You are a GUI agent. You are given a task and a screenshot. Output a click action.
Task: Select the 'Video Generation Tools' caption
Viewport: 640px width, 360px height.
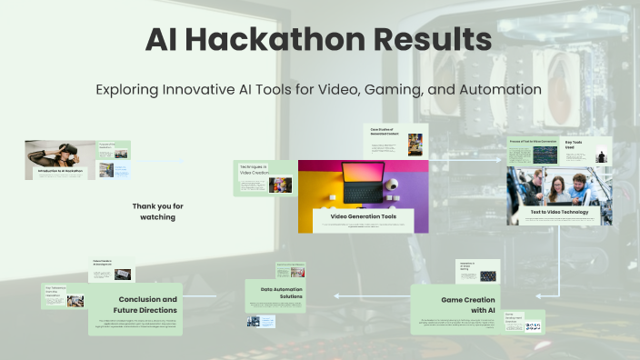(x=363, y=216)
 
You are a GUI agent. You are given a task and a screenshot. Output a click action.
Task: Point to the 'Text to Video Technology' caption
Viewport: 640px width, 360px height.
(x=559, y=212)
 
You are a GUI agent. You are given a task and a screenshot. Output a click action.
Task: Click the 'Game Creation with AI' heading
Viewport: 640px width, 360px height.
(x=467, y=305)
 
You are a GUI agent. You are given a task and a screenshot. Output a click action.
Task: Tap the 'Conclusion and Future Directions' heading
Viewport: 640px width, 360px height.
(x=146, y=305)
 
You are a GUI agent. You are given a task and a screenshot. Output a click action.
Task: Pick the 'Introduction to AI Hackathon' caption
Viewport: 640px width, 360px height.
(x=60, y=170)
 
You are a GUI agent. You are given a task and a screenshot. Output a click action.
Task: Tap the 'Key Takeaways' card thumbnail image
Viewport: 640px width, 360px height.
(x=75, y=301)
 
